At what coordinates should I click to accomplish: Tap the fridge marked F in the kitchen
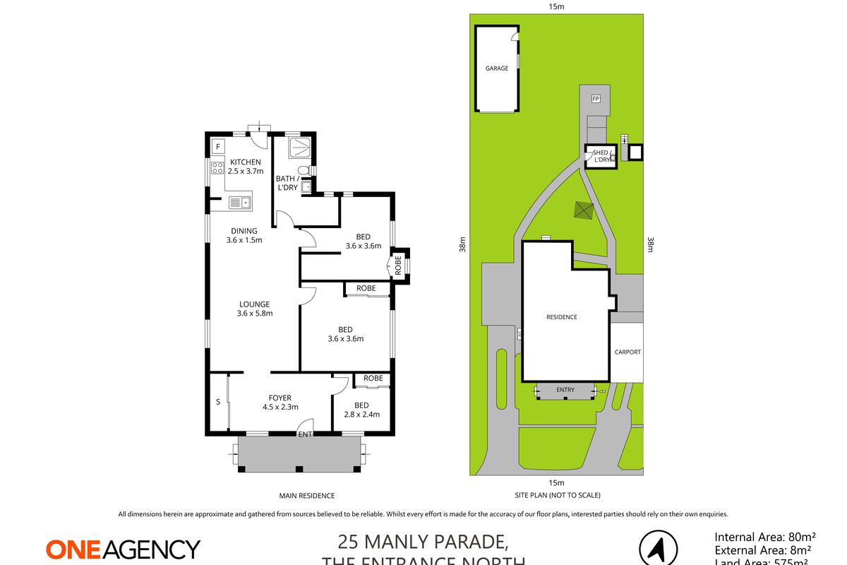coord(218,147)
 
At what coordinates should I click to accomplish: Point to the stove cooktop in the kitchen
coord(217,169)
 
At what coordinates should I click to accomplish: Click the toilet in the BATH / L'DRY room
coord(304,170)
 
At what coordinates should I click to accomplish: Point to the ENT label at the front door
coord(305,434)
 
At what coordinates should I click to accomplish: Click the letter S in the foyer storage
coord(217,403)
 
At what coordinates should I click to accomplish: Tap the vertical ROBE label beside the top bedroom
coord(399,266)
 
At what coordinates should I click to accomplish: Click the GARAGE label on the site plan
coord(497,69)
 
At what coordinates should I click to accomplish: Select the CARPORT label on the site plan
coord(627,352)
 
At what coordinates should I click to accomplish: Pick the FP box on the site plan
coord(596,98)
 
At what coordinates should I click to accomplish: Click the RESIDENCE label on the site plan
coord(562,317)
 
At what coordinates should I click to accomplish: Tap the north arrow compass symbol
coord(658,549)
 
